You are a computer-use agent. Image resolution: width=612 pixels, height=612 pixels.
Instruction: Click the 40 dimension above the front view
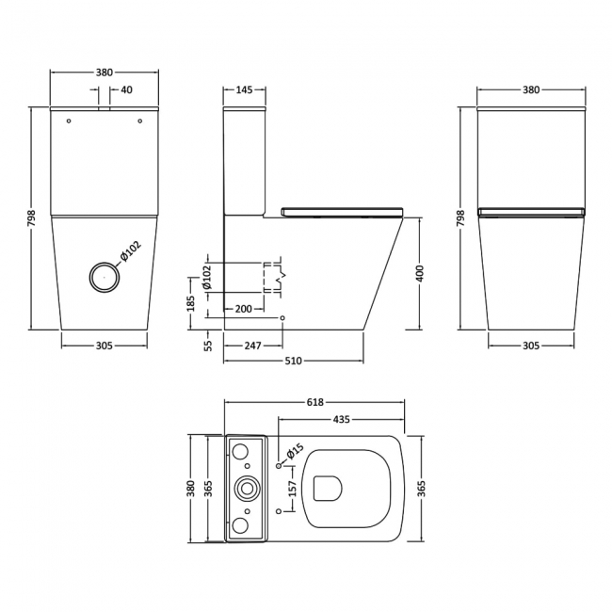point(127,90)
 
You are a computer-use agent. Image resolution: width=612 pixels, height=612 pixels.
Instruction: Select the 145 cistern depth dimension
point(244,90)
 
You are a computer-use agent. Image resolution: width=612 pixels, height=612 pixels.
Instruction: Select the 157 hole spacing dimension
point(293,489)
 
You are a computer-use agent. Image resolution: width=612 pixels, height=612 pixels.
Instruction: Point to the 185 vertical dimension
point(191,303)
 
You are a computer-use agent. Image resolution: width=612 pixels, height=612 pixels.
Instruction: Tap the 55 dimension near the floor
point(209,345)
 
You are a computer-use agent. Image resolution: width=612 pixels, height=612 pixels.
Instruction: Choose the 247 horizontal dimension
point(252,346)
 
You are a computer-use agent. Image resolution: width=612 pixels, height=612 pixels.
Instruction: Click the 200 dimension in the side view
point(244,309)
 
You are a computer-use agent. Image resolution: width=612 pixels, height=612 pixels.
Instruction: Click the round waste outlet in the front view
point(104,276)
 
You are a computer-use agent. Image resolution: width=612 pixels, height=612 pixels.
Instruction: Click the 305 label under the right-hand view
point(530,346)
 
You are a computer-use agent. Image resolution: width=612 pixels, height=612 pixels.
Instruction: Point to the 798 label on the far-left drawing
point(31,218)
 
